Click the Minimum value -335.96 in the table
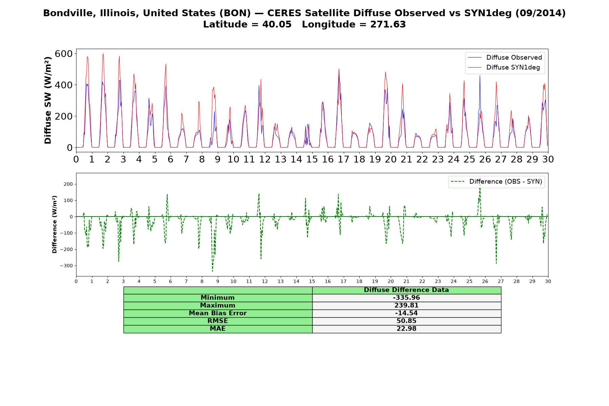click(x=406, y=298)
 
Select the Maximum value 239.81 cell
click(x=406, y=306)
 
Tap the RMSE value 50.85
click(x=406, y=321)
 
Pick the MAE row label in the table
click(x=218, y=329)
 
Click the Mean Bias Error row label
click(x=218, y=313)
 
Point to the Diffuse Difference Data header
click(x=406, y=290)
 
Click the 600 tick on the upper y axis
click(x=64, y=54)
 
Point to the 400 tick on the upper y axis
click(x=64, y=85)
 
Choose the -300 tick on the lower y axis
click(x=66, y=266)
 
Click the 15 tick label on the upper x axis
click(x=312, y=159)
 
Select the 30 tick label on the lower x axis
click(x=548, y=281)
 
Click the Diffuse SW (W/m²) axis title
click(x=48, y=100)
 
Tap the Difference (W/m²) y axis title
click(x=54, y=224)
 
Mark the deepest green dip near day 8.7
click(x=212, y=271)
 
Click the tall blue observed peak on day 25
click(x=480, y=76)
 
